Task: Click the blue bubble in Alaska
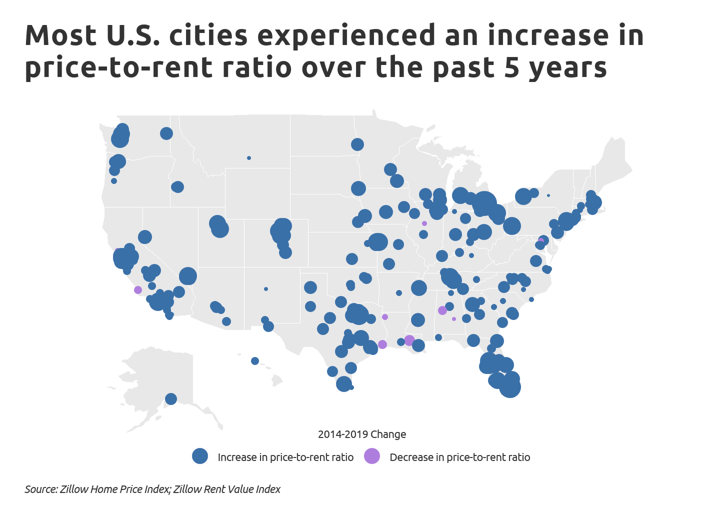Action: pyautogui.click(x=171, y=398)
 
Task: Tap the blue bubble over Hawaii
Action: pyautogui.click(x=255, y=361)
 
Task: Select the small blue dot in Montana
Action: pyautogui.click(x=249, y=158)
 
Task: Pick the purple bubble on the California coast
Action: pyautogui.click(x=138, y=290)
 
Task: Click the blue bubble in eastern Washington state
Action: pyautogui.click(x=166, y=133)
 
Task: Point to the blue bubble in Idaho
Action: pyautogui.click(x=177, y=187)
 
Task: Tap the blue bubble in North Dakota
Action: pyautogui.click(x=357, y=144)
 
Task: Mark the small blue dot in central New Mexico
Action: pyautogui.click(x=266, y=289)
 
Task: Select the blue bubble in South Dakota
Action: pyautogui.click(x=358, y=188)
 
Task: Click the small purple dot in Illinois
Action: pyautogui.click(x=424, y=223)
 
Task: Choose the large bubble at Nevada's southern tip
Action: pyautogui.click(x=187, y=275)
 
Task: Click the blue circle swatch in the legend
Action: pyautogui.click(x=200, y=456)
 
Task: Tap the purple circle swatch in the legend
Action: pyautogui.click(x=371, y=456)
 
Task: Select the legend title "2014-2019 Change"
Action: pyautogui.click(x=362, y=434)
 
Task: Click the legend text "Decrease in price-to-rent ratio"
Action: pyautogui.click(x=459, y=457)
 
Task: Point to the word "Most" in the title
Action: pyautogui.click(x=60, y=35)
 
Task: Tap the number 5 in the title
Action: pyautogui.click(x=512, y=67)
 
